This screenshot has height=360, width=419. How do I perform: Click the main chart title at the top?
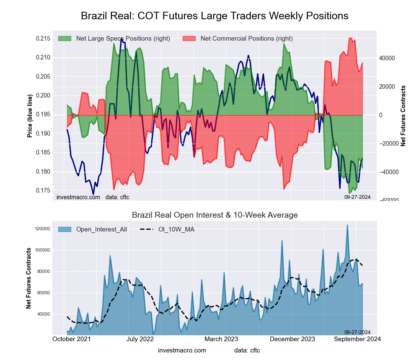(214, 16)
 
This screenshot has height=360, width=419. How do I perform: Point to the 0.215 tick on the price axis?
(43, 39)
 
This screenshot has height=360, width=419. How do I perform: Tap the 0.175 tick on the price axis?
(43, 190)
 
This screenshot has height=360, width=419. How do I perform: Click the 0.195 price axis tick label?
(43, 114)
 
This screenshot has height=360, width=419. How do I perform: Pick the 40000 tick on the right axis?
(388, 58)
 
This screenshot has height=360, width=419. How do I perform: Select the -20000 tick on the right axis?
(388, 144)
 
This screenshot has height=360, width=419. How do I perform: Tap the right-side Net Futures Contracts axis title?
(403, 116)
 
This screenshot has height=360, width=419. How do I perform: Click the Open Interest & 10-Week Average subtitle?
(215, 215)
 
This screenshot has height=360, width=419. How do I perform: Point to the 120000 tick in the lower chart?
(42, 229)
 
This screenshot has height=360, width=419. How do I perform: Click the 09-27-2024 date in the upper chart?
(357, 197)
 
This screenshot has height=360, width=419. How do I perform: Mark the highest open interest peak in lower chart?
(347, 225)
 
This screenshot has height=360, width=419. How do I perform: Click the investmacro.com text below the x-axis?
(182, 350)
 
